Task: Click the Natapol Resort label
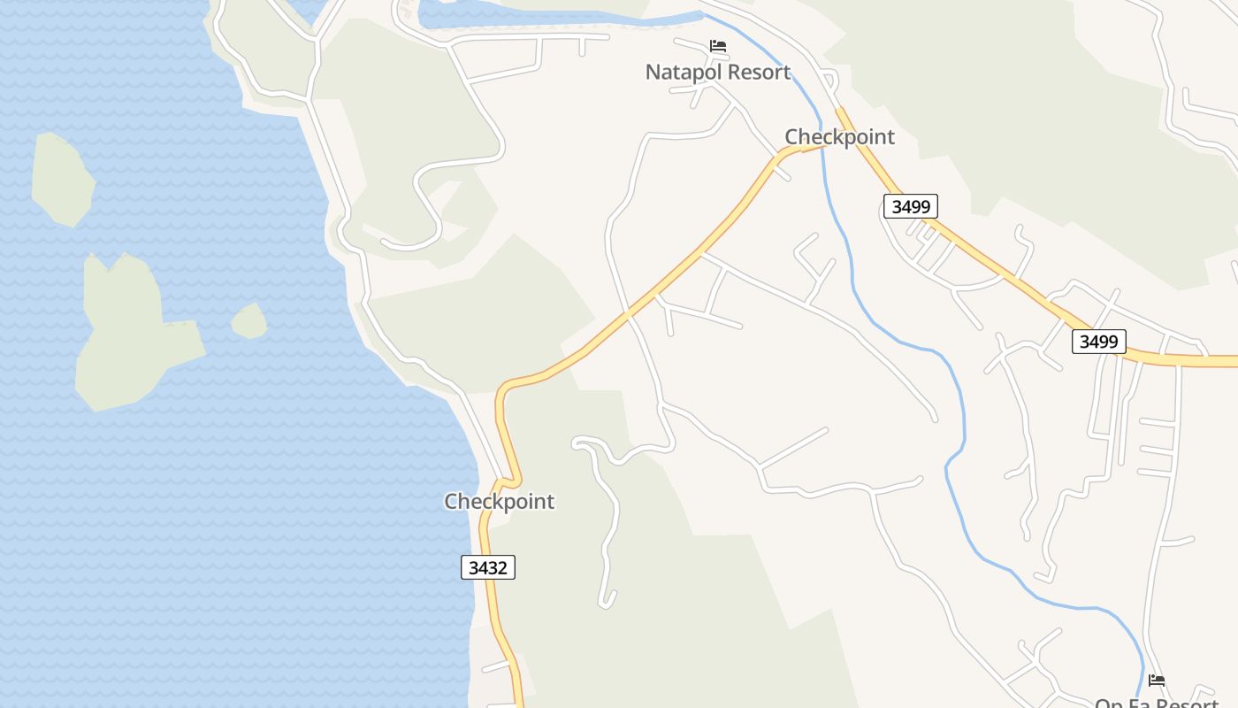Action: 717,72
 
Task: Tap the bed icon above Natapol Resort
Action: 718,46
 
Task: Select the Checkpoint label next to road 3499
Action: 839,137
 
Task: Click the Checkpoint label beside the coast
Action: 499,502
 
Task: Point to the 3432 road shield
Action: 488,567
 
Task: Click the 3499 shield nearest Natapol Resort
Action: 910,207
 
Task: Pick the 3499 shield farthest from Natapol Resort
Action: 1098,342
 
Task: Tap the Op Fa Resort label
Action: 1157,702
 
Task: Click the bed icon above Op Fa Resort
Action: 1157,681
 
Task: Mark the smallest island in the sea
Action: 249,321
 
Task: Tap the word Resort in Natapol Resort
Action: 753,72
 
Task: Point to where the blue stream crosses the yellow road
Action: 822,146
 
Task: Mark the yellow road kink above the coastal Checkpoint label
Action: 507,482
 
